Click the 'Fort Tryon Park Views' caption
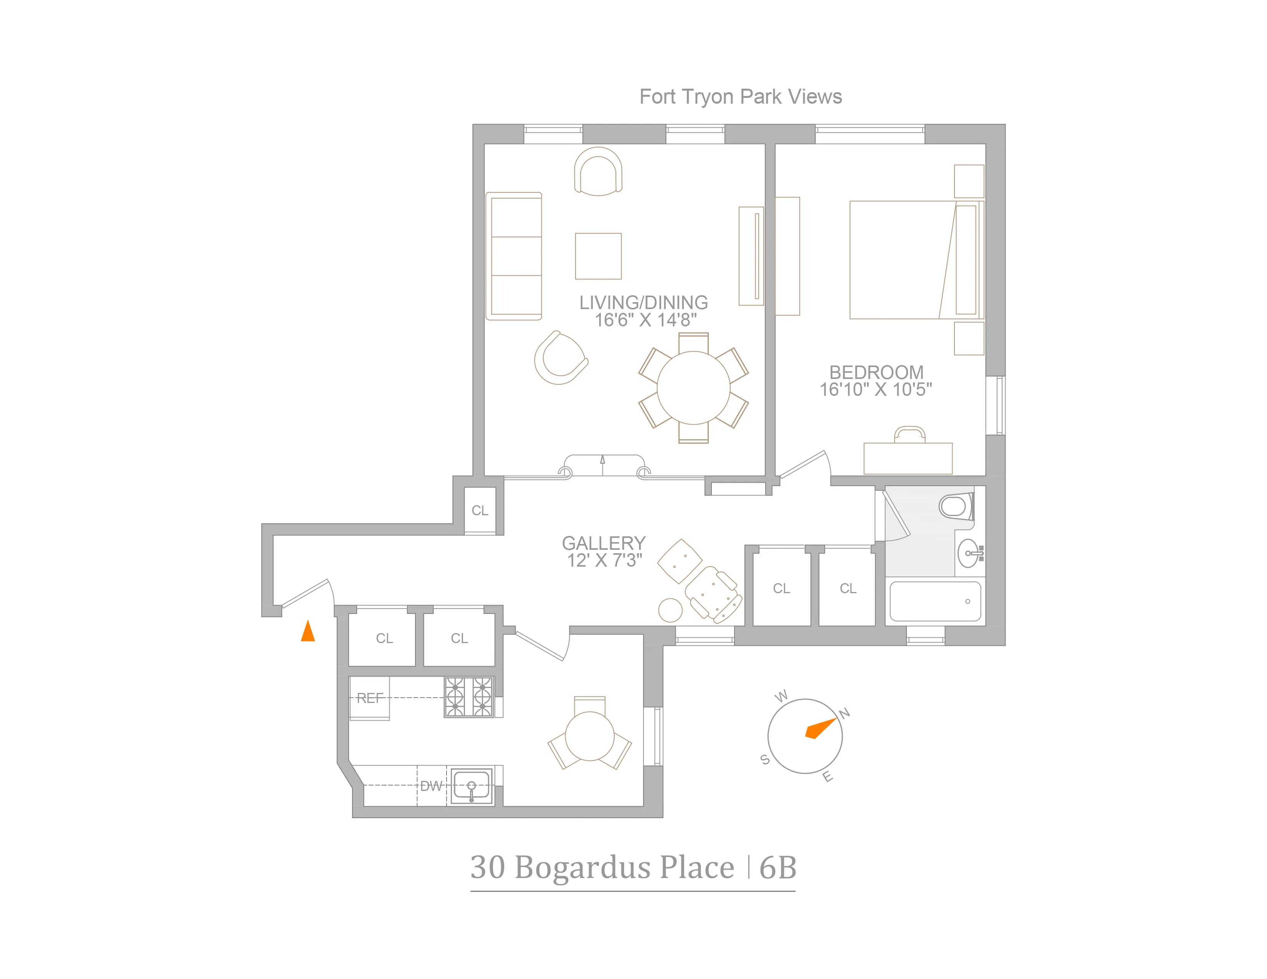pyautogui.click(x=740, y=97)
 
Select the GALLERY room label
pyautogui.click(x=603, y=543)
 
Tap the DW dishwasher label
pyautogui.click(x=431, y=786)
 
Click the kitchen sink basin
pyautogui.click(x=471, y=786)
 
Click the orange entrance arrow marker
pyautogui.click(x=308, y=631)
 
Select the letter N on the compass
pyautogui.click(x=845, y=713)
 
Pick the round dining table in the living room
pyautogui.click(x=693, y=387)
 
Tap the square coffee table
pyautogui.click(x=598, y=256)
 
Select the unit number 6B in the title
pyautogui.click(x=777, y=868)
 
